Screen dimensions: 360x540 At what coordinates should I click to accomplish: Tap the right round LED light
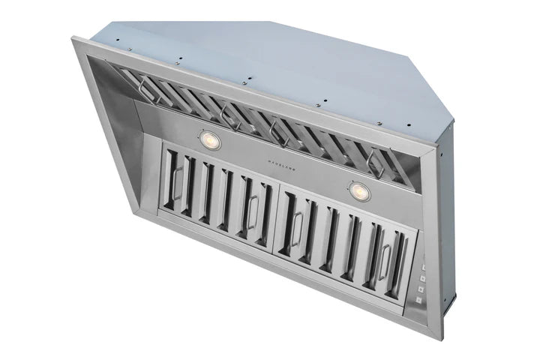pyautogui.click(x=360, y=192)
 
